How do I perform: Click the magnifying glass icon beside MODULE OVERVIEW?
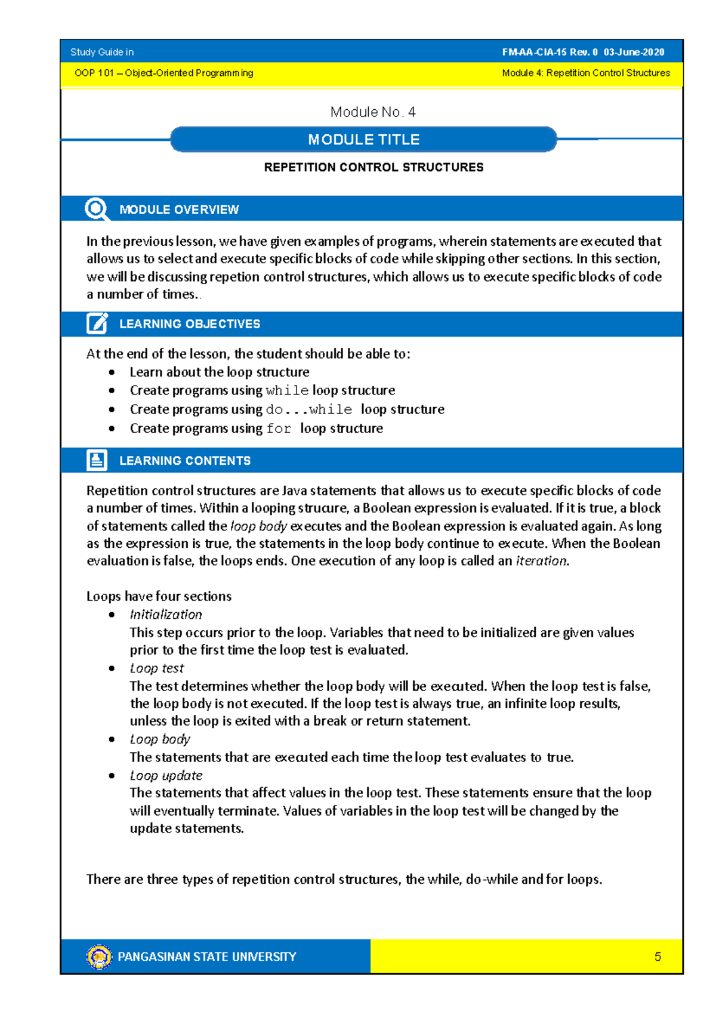coord(96,209)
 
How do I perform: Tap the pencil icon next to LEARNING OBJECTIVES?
coord(97,323)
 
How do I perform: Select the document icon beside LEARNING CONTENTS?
coord(97,460)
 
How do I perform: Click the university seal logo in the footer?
coord(99,957)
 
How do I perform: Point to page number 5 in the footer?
coord(658,957)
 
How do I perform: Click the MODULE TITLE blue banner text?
coord(363,140)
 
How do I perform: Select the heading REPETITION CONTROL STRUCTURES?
coord(374,168)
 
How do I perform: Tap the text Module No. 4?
coord(373,112)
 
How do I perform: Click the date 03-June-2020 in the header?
coord(634,52)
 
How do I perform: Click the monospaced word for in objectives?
coord(279,428)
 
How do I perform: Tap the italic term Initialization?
coord(166,615)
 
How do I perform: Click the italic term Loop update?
coord(166,775)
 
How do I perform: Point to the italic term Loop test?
coord(157,668)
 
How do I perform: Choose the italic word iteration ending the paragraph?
coord(541,561)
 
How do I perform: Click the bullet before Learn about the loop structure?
coord(112,372)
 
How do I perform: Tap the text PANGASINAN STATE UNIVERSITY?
coord(206,957)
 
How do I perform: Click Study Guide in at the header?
coord(102,52)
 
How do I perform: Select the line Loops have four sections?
coord(159,596)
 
